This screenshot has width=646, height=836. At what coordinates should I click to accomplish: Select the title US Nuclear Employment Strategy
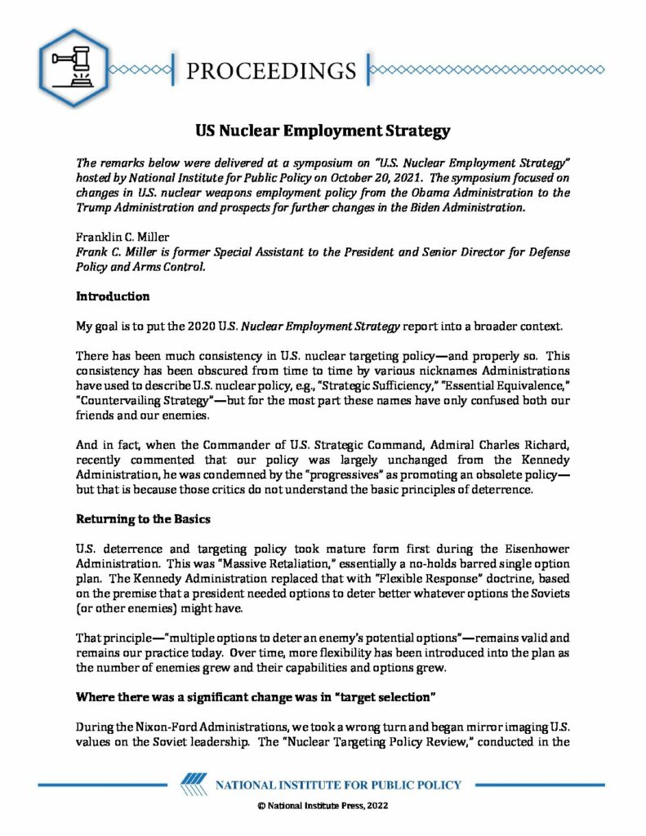[323, 130]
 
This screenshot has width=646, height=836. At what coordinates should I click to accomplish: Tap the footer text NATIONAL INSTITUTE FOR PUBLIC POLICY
[338, 785]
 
